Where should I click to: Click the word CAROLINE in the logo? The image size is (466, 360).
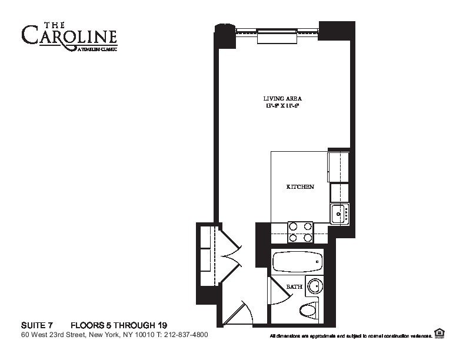point(69,35)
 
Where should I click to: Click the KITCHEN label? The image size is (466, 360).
point(299,187)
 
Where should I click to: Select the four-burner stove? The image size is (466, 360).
point(300,232)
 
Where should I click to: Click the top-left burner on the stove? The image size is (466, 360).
point(293,226)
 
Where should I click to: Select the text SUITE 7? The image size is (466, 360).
point(37,325)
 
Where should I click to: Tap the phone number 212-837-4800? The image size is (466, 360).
point(184,335)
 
